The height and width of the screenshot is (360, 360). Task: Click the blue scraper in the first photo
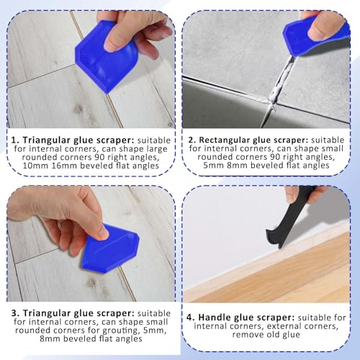pos(108,58)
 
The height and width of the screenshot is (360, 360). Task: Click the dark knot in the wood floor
pos(77,109)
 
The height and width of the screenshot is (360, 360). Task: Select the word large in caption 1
pos(152,153)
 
